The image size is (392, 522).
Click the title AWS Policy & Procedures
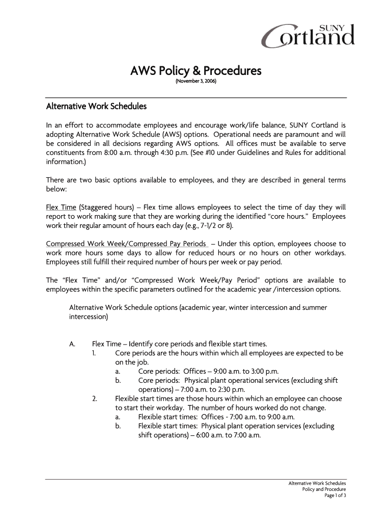point(196,70)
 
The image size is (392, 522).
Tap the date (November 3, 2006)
point(196,82)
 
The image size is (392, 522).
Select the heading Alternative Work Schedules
point(96,107)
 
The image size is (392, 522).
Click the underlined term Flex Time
point(61,207)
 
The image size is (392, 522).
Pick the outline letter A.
point(72,344)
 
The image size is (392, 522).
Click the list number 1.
point(95,353)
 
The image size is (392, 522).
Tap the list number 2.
point(95,399)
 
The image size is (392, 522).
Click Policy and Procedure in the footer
point(324,489)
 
